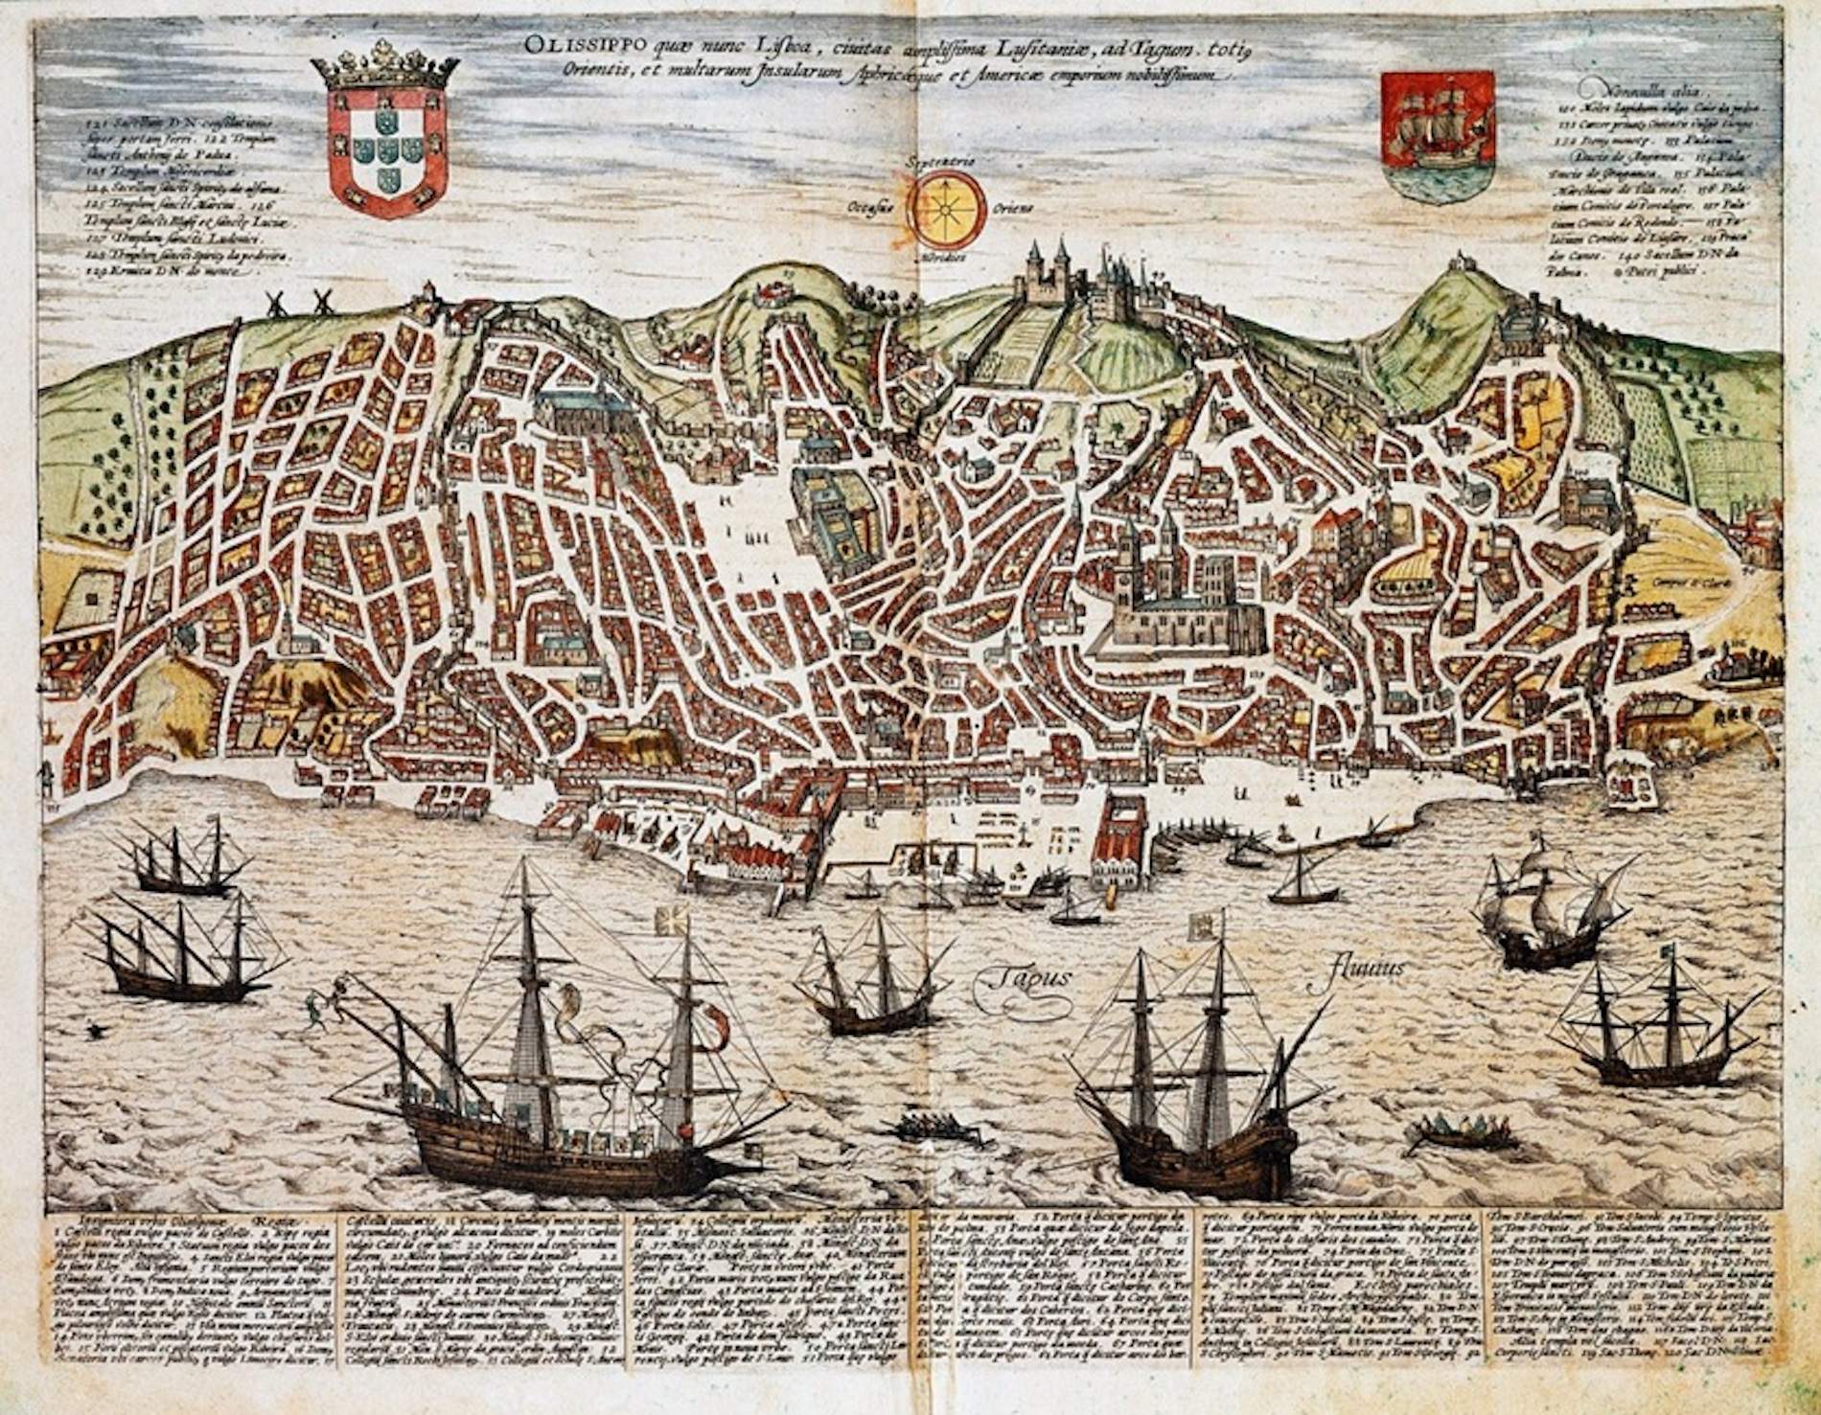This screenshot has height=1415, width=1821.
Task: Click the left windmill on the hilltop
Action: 276,303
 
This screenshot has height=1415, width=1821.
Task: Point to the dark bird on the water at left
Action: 94,1030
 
